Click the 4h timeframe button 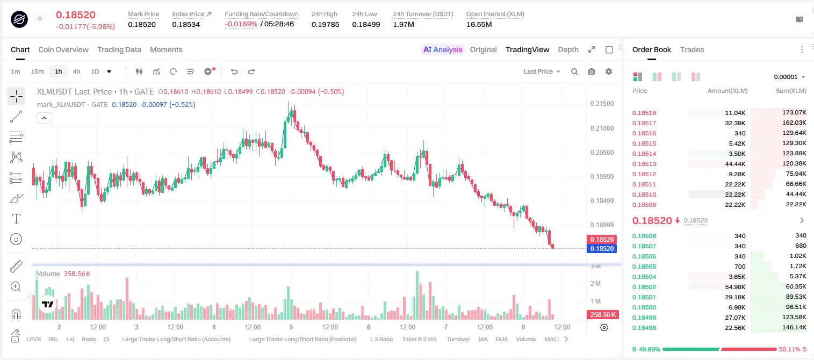pyautogui.click(x=76, y=71)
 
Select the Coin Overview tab pyautogui.click(x=63, y=49)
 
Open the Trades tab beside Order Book pyautogui.click(x=692, y=49)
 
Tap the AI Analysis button pyautogui.click(x=443, y=49)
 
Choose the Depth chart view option pyautogui.click(x=568, y=49)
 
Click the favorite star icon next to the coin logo pyautogui.click(x=40, y=18)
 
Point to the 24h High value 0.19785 pyautogui.click(x=325, y=24)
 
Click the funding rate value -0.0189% pyautogui.click(x=241, y=24)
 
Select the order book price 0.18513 pyautogui.click(x=644, y=164)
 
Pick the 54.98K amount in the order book pyautogui.click(x=735, y=286)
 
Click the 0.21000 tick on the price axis pyautogui.click(x=602, y=128)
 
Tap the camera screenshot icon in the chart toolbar pyautogui.click(x=592, y=71)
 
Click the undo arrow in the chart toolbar pyautogui.click(x=234, y=71)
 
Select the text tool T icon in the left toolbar pyautogui.click(x=16, y=219)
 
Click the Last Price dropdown pyautogui.click(x=542, y=71)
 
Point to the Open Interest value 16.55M pyautogui.click(x=479, y=24)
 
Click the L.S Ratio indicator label pyautogui.click(x=381, y=339)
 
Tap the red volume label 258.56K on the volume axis pyautogui.click(x=602, y=314)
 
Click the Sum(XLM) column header pyautogui.click(x=791, y=91)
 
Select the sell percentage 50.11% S pyautogui.click(x=793, y=349)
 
